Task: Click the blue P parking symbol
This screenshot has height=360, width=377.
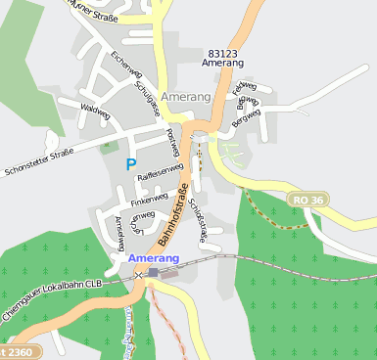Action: click(130, 165)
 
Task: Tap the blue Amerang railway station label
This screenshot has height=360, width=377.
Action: click(153, 257)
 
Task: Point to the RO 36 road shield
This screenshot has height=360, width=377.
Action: click(308, 200)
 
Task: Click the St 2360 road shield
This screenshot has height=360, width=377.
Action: click(20, 350)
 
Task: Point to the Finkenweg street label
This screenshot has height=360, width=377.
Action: click(149, 196)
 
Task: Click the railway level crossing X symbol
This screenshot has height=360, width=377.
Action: click(139, 276)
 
